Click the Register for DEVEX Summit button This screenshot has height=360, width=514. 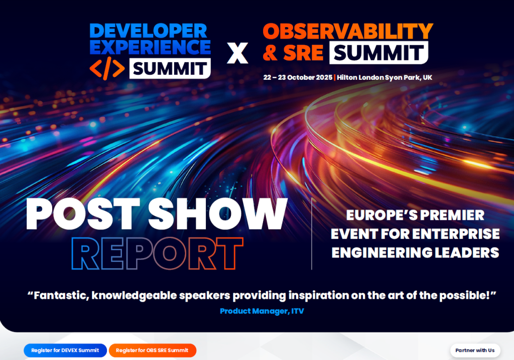(65, 350)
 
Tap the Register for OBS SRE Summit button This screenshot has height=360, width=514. (152, 350)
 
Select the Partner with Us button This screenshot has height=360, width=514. (475, 350)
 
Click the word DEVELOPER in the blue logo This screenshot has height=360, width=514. (148, 31)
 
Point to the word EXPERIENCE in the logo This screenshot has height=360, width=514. (150, 47)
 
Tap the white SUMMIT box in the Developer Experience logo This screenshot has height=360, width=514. (170, 68)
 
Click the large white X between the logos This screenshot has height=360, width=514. (237, 53)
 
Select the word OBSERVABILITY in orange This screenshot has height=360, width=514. (348, 32)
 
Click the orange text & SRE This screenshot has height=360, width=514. (293, 52)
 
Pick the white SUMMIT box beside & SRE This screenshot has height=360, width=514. (378, 52)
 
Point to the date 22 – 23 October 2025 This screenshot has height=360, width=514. (298, 78)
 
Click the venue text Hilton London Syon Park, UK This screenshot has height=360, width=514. (384, 78)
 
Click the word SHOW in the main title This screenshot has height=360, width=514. (218, 214)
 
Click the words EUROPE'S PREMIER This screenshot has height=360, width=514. (415, 215)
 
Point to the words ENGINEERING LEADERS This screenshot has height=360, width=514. (415, 252)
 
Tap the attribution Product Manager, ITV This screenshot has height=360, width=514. (262, 311)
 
